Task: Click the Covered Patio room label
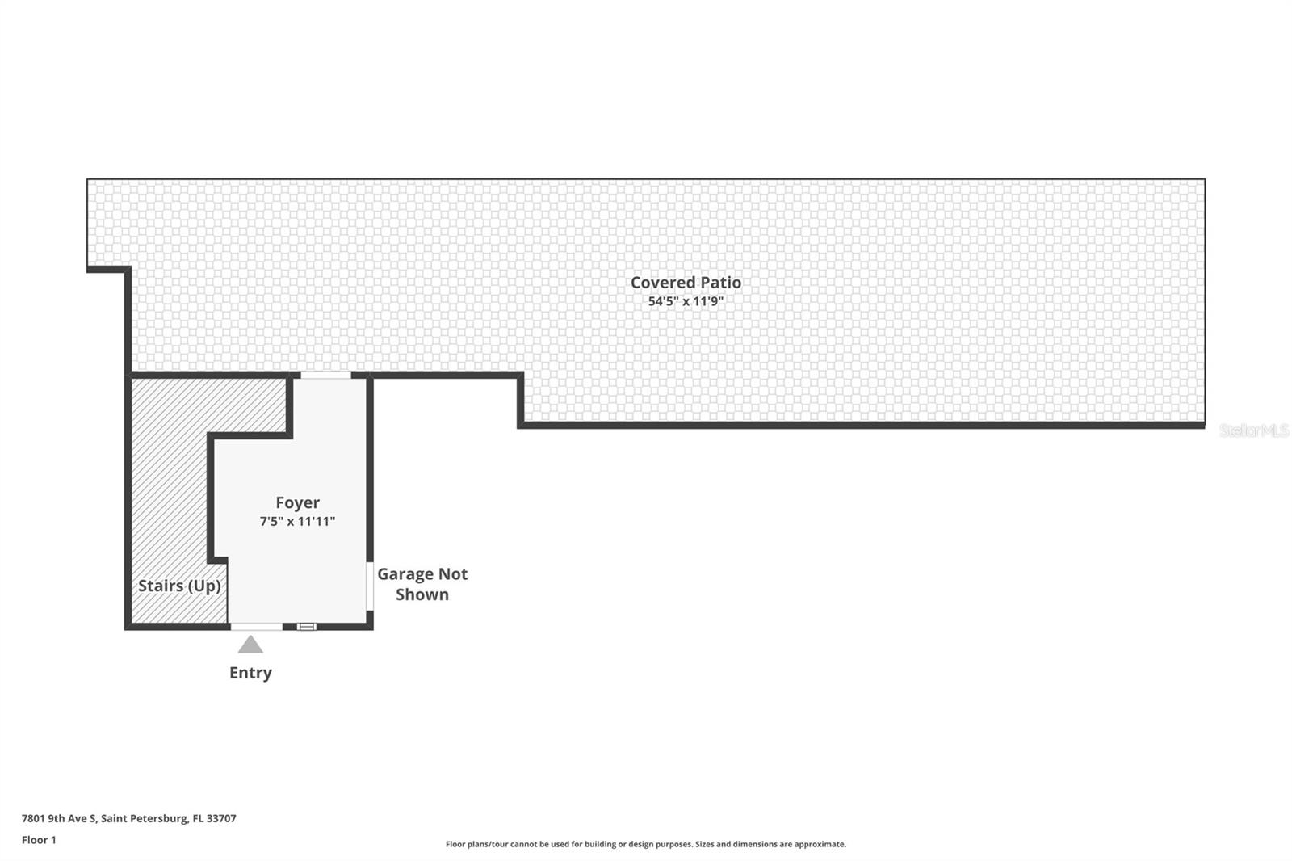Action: coord(686,283)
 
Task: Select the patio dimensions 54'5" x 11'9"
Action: coord(686,302)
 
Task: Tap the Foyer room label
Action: coord(297,502)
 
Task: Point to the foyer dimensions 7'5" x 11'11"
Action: coord(297,522)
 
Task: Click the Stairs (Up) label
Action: coord(179,586)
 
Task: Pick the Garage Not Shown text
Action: coord(422,584)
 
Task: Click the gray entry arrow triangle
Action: coord(250,645)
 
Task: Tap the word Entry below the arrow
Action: coord(250,673)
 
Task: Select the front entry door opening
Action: coord(256,626)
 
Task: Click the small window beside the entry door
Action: coord(306,626)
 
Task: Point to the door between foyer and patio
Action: coord(325,375)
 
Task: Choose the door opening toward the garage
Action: coord(370,586)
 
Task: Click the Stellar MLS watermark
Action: coord(1253,430)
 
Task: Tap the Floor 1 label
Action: coord(39,840)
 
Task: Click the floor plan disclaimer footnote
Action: coord(646,844)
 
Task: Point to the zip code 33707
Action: coord(221,818)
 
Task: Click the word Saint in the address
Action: coord(115,818)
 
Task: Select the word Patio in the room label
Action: coord(720,283)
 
